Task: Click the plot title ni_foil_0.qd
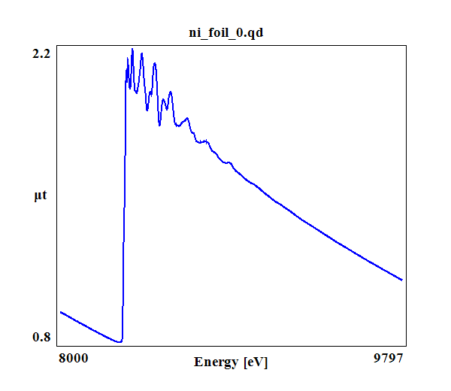coord(225,33)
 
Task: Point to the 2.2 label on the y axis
coord(41,53)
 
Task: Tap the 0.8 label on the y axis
coord(41,337)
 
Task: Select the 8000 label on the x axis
coord(73,358)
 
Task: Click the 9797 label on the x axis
coord(389,358)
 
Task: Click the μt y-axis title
coord(41,196)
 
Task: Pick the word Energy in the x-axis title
coord(216,362)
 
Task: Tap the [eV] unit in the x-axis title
coord(255,362)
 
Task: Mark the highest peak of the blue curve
coord(132,50)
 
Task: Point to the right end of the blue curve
coord(402,280)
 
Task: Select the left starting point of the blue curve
coord(60,311)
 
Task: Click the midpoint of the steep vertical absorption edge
coord(123,203)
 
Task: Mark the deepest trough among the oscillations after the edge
coord(159,125)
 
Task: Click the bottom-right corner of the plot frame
coord(406,347)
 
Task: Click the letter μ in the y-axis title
coord(38,197)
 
